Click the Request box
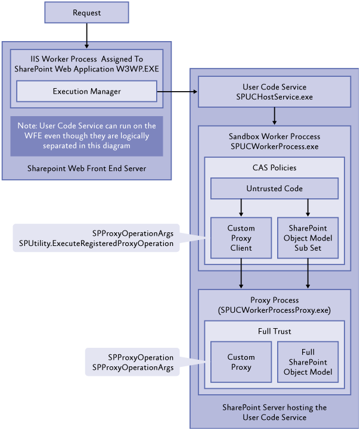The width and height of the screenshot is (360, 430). (x=86, y=13)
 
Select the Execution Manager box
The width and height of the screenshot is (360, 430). (x=86, y=91)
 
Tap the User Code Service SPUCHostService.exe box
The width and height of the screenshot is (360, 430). (x=274, y=92)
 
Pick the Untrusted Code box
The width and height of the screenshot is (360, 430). (x=274, y=188)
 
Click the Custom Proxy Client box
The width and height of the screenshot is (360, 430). (x=241, y=238)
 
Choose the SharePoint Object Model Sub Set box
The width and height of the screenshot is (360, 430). (x=308, y=238)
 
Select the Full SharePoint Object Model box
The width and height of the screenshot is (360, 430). (x=308, y=362)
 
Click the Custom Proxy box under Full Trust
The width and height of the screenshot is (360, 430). (x=241, y=362)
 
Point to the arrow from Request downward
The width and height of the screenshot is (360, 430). (x=86, y=36)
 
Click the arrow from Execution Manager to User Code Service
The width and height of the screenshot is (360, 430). (x=177, y=92)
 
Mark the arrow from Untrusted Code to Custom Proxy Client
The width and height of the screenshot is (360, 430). (x=241, y=208)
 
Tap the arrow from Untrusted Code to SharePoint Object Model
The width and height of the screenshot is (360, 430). (x=308, y=208)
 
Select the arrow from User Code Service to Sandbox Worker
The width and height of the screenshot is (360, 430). (x=274, y=116)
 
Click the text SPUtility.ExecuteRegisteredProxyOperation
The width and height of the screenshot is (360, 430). (x=96, y=244)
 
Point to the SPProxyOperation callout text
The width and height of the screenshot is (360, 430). (x=141, y=357)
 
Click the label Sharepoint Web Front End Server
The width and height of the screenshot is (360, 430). (x=86, y=169)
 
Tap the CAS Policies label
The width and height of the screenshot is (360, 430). (x=274, y=167)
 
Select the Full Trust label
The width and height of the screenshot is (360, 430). (x=274, y=331)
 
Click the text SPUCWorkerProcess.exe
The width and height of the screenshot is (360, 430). (x=274, y=147)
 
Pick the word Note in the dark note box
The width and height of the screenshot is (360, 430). (x=27, y=126)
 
